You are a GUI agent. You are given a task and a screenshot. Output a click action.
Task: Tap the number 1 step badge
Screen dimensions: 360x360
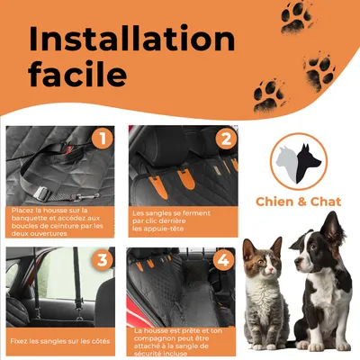pyautogui.click(x=103, y=139)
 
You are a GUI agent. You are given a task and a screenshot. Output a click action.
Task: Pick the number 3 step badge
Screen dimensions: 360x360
pyautogui.click(x=103, y=262)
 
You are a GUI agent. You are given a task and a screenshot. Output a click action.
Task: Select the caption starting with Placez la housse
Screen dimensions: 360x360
pyautogui.click(x=56, y=222)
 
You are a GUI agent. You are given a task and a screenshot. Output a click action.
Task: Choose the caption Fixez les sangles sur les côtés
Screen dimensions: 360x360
pyautogui.click(x=60, y=342)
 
